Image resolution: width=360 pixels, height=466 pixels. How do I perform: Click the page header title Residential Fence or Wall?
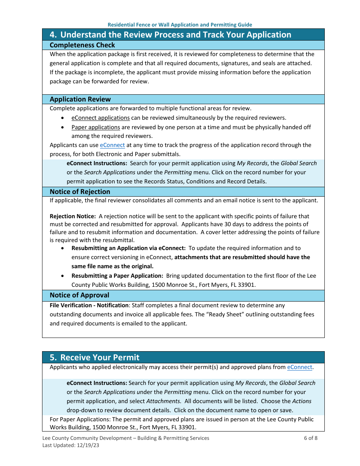click(x=180, y=25)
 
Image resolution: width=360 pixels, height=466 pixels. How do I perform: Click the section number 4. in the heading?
click(x=53, y=35)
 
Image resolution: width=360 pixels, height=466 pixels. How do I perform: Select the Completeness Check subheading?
click(x=82, y=45)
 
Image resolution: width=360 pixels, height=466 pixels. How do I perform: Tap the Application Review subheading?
click(x=80, y=99)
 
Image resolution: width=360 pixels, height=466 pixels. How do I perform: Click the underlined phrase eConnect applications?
click(x=100, y=118)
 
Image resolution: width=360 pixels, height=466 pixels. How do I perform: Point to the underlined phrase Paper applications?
click(x=95, y=127)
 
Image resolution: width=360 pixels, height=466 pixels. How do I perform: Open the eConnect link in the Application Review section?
click(x=112, y=145)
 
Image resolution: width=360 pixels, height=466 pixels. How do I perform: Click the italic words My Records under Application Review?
click(x=252, y=163)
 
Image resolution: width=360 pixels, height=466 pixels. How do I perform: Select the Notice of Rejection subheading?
click(x=80, y=192)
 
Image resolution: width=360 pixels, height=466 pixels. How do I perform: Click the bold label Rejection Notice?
click(x=72, y=216)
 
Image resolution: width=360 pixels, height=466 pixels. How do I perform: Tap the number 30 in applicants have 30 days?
click(x=218, y=224)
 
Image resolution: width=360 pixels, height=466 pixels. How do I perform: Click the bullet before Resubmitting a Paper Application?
click(x=63, y=276)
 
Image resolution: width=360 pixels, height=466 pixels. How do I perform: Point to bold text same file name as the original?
click(x=112, y=266)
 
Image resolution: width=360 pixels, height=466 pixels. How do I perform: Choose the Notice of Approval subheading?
click(x=79, y=295)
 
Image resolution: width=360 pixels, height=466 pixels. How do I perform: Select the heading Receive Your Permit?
click(x=100, y=357)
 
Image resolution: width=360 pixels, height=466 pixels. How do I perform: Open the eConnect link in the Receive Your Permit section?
click(x=299, y=367)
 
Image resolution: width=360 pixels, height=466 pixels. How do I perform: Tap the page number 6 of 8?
click(x=310, y=438)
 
